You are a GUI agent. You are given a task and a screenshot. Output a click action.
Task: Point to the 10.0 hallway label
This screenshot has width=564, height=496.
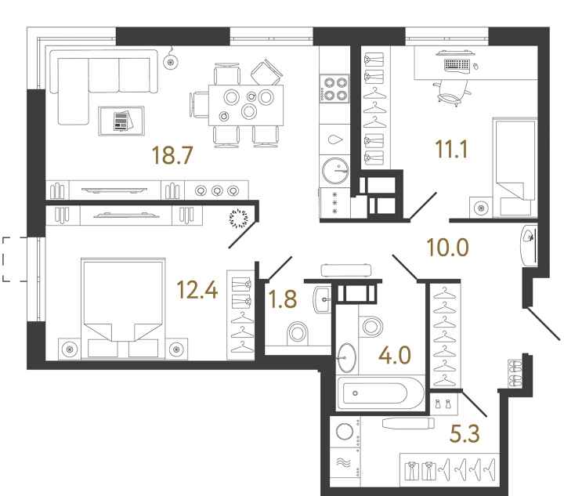coord(446,248)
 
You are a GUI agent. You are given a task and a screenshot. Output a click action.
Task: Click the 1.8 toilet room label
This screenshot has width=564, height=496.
coord(282,299)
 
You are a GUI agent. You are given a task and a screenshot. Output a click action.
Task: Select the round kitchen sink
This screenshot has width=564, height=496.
coord(334,168)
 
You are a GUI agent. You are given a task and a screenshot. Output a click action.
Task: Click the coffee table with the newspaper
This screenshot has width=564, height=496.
coord(122,121)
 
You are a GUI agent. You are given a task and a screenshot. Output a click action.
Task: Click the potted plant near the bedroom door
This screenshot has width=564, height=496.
coord(239,219)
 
